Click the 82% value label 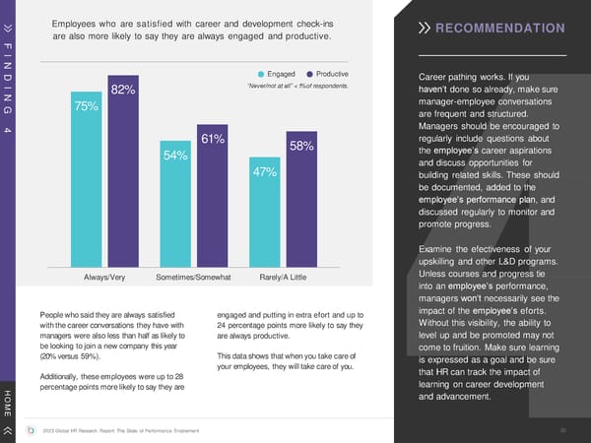click(123, 91)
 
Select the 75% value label click(87, 106)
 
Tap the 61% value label click(214, 141)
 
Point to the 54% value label click(176, 157)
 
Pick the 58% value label click(301, 147)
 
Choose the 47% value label click(264, 172)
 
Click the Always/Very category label click(105, 279)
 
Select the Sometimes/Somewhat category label click(195, 279)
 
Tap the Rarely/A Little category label click(283, 279)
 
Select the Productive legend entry click(329, 74)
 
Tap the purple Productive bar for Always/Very click(124, 177)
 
